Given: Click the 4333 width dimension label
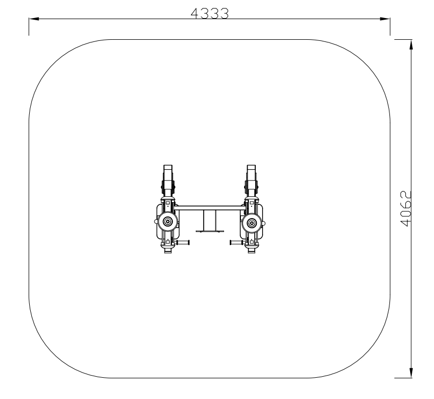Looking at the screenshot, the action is tap(210, 14).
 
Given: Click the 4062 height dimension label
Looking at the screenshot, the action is tap(406, 209).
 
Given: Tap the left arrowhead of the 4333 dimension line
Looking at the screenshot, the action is tap(34, 19).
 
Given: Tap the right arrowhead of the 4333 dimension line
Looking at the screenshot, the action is tap(385, 19).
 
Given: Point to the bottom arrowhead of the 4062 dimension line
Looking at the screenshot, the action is tap(411, 372).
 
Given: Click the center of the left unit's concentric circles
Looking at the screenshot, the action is tap(168, 222).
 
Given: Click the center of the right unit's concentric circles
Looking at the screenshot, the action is tap(251, 223).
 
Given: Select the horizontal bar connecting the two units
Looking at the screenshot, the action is tap(210, 207).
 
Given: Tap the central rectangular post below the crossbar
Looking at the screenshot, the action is tap(210, 220).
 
